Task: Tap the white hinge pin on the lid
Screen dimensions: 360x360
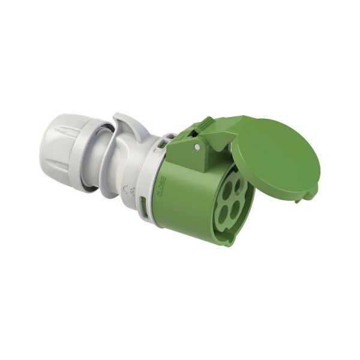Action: point(197,145)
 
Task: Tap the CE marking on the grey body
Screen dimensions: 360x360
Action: point(125,191)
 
